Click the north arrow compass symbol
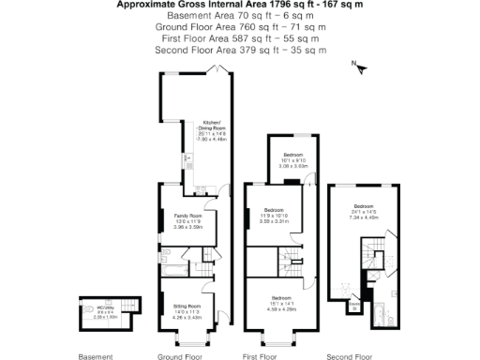357,66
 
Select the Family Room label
188,220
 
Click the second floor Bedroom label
364,211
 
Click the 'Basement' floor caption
95,356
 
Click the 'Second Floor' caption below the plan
350,356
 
